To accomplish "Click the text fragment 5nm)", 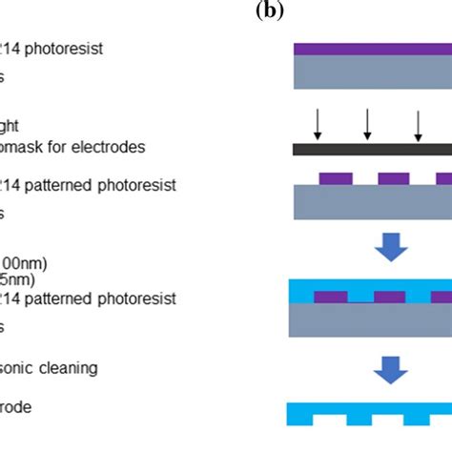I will (18, 279).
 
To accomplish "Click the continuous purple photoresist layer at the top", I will (372, 49).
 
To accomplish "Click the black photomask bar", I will (372, 150).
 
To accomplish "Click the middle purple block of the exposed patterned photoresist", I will (394, 178).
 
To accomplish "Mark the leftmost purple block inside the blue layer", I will (331, 297).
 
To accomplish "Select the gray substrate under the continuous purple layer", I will (372, 72).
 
